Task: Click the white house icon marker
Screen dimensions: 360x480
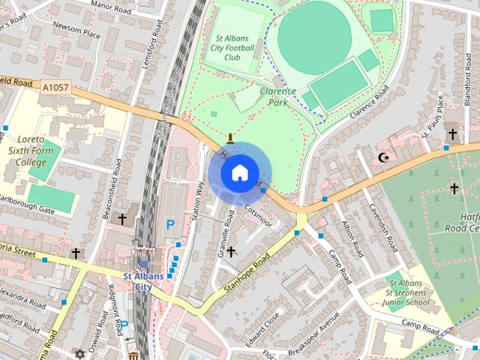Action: coord(238,173)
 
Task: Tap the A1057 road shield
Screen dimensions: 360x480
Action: coord(57,88)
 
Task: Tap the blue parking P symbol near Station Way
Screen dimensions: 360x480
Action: coord(171,224)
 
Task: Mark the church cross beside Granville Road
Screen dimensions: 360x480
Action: coord(231,251)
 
